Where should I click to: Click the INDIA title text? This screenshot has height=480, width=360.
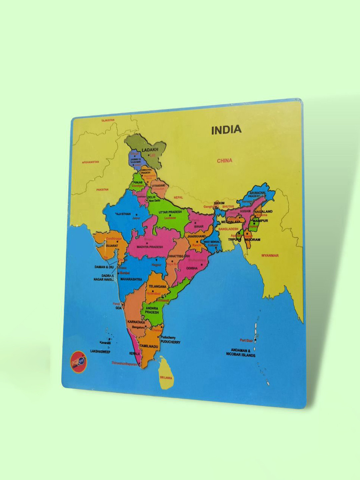coord(226,130)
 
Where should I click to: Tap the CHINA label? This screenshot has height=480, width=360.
coord(224,161)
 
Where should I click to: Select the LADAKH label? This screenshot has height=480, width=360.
coord(150,150)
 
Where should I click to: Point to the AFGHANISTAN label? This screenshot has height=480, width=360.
coord(90,162)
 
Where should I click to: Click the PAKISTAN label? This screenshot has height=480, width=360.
coord(102,190)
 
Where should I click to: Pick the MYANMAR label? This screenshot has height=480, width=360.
coord(270,256)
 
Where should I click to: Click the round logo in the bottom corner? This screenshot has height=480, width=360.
coord(78,361)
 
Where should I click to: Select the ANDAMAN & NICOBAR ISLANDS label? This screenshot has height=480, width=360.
coord(241,353)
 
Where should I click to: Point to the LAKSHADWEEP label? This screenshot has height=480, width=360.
coord(100,351)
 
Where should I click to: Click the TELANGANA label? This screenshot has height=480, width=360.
coord(157,287)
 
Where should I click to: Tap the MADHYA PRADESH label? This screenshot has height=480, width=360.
coord(150,247)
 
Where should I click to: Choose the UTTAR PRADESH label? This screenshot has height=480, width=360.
coord(170,212)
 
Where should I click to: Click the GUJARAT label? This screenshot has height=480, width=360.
coord(112,246)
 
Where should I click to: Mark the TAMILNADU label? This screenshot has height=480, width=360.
coord(149,346)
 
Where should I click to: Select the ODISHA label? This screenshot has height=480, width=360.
coord(192,268)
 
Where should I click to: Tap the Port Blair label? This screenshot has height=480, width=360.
coord(246,340)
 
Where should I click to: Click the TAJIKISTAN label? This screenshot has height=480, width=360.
coord(108,120)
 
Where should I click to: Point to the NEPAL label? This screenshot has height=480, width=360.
coord(178,198)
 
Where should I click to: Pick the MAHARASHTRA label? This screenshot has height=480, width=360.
coord(131,279)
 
